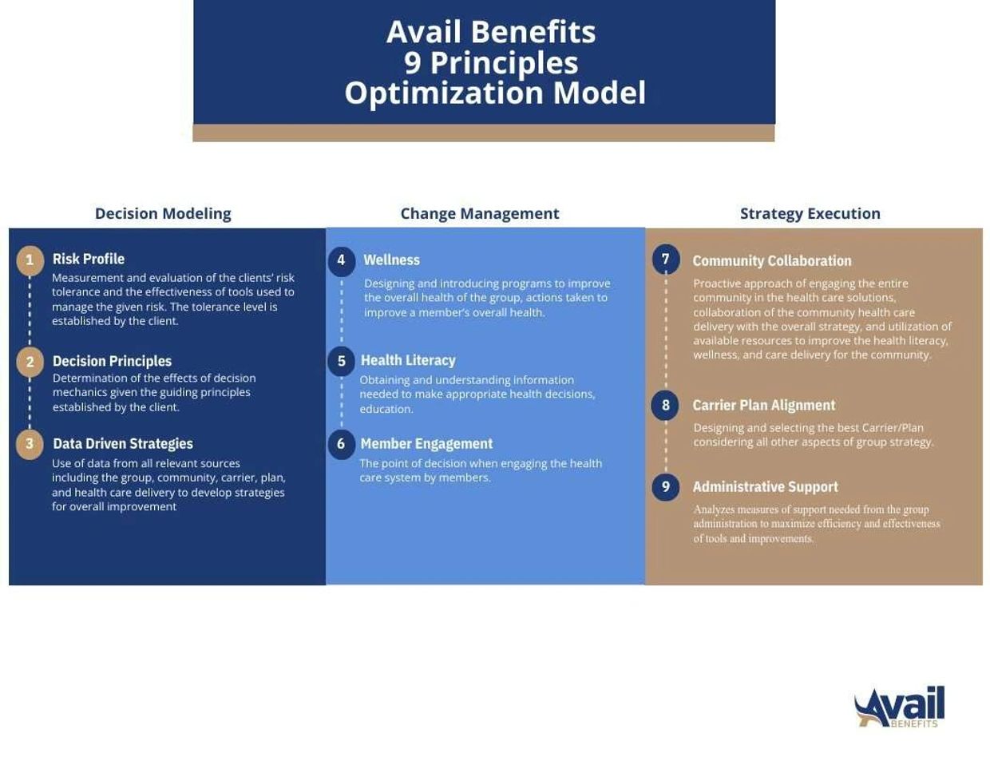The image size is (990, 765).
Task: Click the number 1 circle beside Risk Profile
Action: (30, 260)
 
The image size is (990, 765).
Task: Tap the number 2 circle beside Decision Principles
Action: (30, 362)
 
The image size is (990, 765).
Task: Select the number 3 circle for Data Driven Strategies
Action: (30, 443)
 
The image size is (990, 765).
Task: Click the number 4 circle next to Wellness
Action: (341, 260)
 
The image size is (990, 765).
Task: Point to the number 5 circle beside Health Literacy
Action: (341, 361)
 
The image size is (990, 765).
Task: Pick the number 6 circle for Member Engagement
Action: (341, 443)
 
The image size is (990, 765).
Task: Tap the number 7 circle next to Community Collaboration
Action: (665, 260)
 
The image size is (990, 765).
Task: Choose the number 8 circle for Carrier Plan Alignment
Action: (665, 405)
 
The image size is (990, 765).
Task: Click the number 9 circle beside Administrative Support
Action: (665, 486)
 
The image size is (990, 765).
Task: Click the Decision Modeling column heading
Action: (163, 214)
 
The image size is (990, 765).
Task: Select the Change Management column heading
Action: (479, 214)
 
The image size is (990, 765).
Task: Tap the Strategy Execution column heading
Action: (810, 214)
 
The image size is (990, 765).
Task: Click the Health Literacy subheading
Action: (408, 361)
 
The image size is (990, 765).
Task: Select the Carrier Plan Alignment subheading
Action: (763, 406)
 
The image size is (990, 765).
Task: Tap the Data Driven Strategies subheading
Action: (123, 444)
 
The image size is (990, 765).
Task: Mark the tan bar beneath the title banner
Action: (484, 133)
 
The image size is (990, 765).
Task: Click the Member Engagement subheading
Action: (426, 444)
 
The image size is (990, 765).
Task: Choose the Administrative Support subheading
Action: (765, 487)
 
